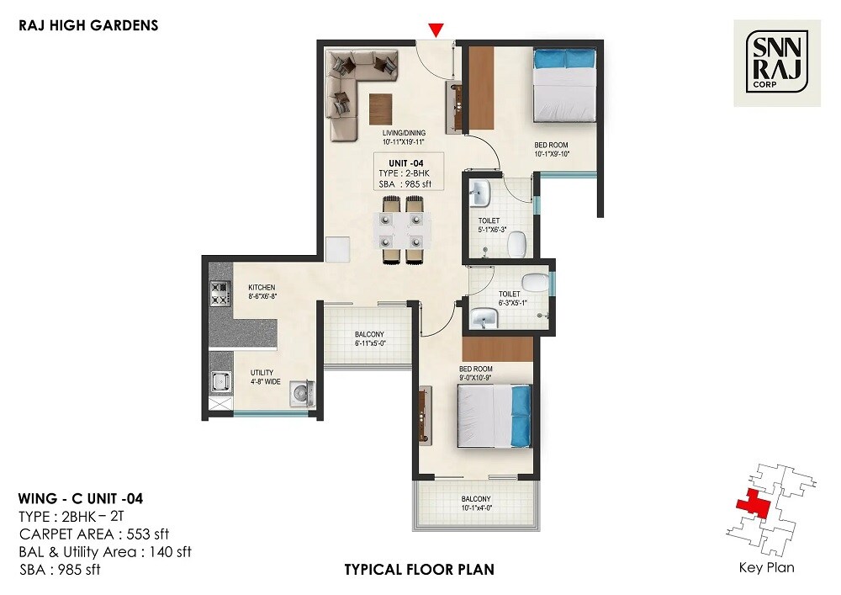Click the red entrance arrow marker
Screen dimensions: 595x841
click(435, 30)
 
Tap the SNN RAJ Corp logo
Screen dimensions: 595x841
click(777, 63)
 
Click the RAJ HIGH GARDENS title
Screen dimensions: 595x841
click(88, 25)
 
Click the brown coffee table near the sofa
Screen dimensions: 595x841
click(380, 107)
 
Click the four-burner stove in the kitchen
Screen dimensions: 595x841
click(220, 293)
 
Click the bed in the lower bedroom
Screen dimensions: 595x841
click(495, 417)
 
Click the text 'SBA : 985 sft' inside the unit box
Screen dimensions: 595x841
click(404, 184)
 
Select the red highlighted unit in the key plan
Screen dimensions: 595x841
click(750, 505)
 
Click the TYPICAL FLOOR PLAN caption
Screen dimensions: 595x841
click(419, 570)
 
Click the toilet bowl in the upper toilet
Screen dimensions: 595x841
click(517, 243)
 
